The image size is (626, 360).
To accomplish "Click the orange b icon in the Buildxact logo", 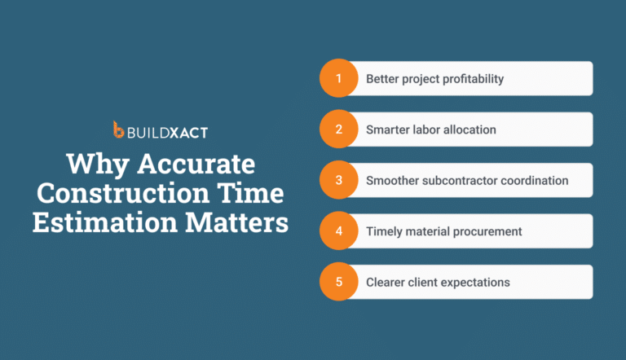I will [x=119, y=130].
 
